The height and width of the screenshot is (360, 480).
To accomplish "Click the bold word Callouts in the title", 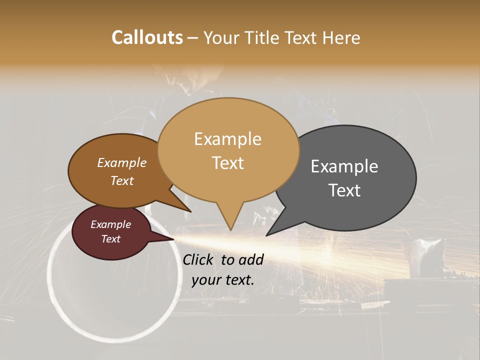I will click(147, 37).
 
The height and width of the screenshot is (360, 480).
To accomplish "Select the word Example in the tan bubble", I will click(227, 139).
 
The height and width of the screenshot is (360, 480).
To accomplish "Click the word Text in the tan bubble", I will click(227, 162).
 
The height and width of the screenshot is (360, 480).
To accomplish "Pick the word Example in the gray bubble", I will click(344, 166).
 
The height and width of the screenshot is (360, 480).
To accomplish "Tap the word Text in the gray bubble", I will click(344, 190).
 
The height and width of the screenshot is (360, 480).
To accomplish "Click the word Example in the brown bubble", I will click(121, 162).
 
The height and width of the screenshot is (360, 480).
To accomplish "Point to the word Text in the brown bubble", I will click(121, 180).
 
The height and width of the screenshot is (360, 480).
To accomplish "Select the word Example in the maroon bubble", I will click(110, 224).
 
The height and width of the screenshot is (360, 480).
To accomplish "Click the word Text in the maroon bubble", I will click(110, 239).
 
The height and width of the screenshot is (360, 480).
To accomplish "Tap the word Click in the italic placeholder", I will click(199, 259).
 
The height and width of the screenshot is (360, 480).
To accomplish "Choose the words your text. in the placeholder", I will click(222, 280).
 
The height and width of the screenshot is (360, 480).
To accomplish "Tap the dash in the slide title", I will click(192, 38).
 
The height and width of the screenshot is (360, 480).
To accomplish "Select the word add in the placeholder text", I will click(251, 259).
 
